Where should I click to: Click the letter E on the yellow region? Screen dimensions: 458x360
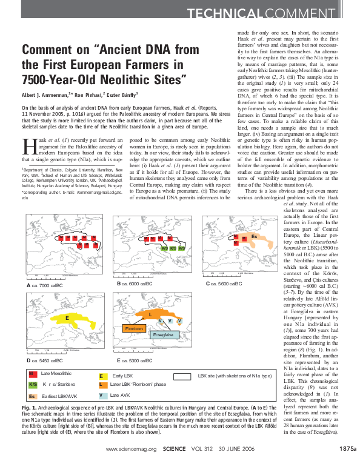[x=67, y=317]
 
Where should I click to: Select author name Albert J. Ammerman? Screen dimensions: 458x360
[x=46, y=95]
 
